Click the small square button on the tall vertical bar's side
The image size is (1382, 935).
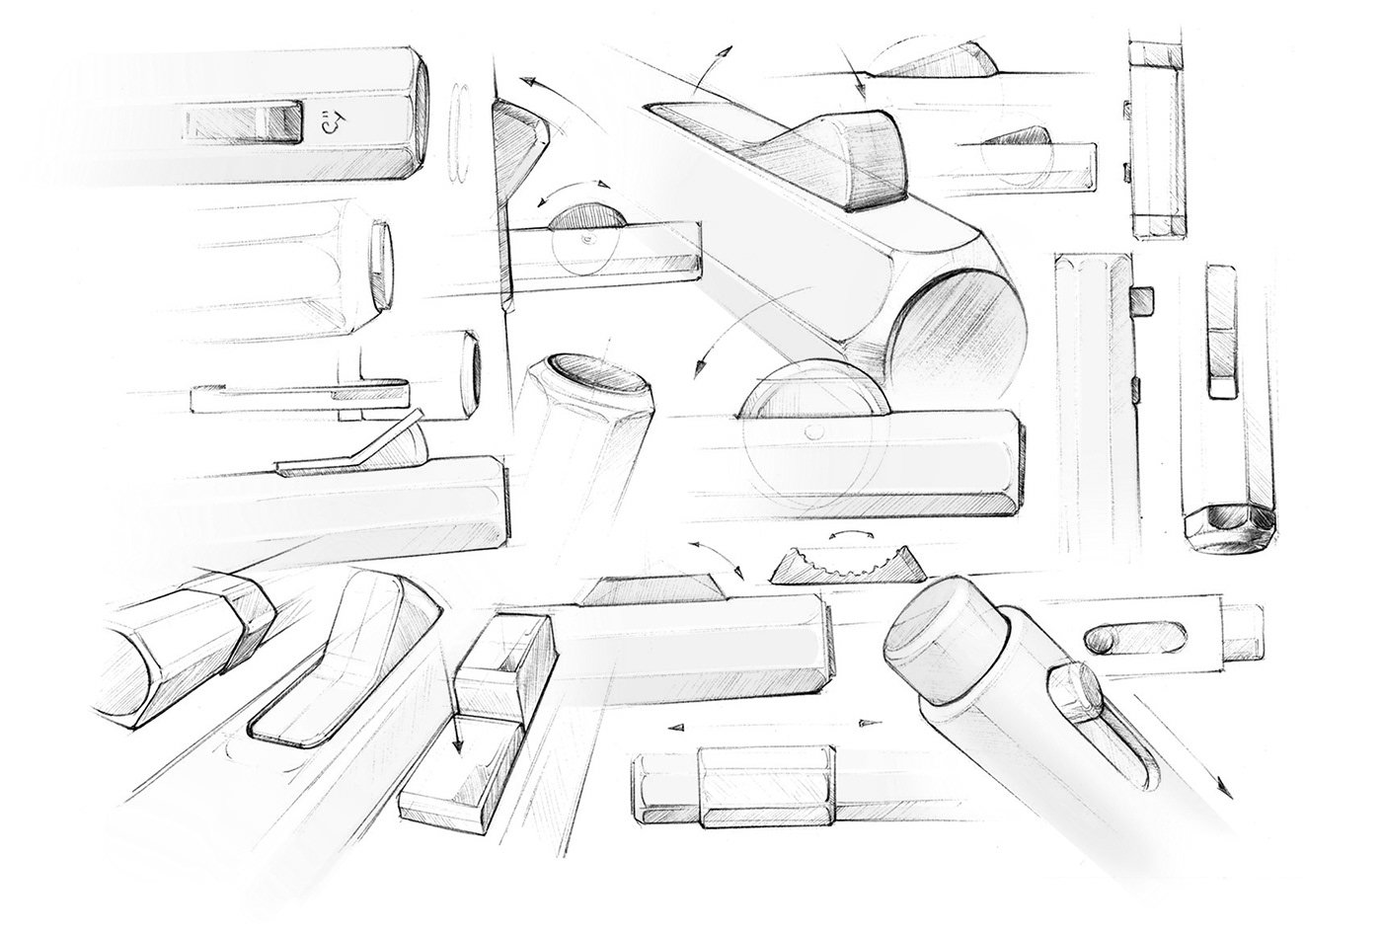(1143, 296)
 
